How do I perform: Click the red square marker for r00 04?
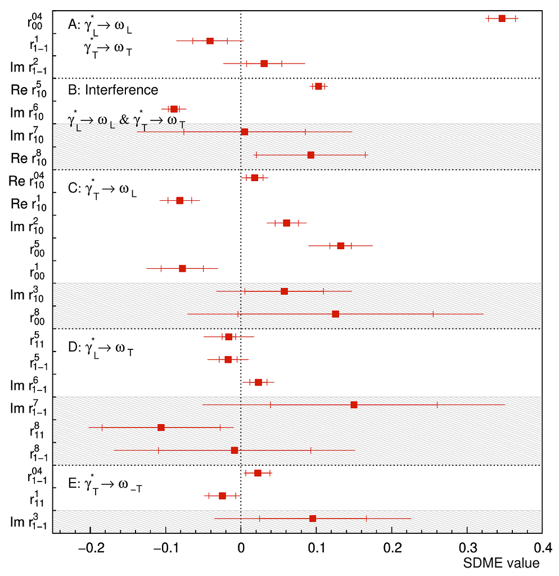tap(502, 19)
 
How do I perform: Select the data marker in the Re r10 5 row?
tap(318, 86)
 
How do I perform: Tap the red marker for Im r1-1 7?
tap(354, 404)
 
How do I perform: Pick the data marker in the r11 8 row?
tap(161, 427)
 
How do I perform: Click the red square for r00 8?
tap(336, 314)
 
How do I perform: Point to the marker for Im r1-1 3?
tap(313, 518)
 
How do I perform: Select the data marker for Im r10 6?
tap(174, 109)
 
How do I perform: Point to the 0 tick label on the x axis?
tap(241, 548)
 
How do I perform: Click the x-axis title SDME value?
tap(502, 563)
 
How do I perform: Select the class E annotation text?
tap(105, 485)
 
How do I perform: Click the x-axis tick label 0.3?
tap(467, 548)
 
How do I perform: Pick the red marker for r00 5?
tap(341, 246)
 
